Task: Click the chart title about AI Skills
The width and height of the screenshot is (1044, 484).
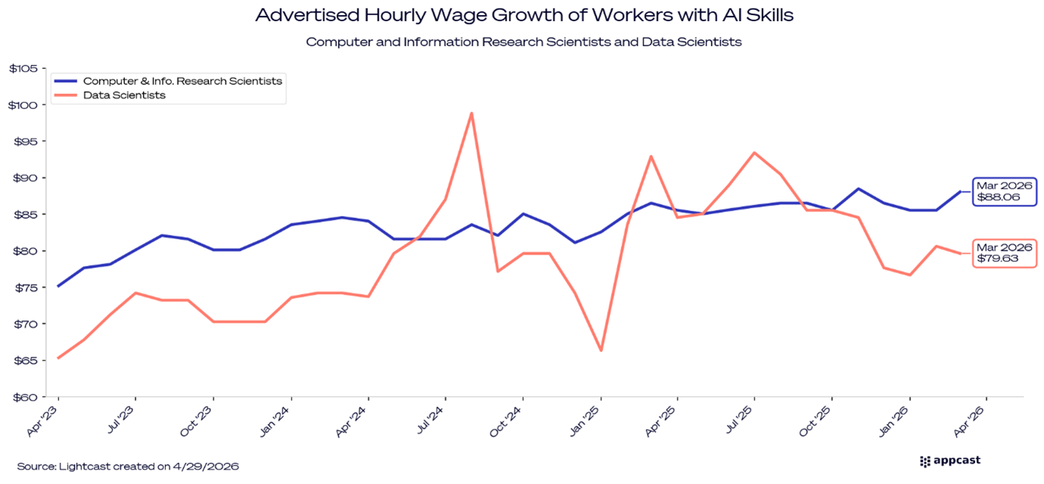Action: pos(525,15)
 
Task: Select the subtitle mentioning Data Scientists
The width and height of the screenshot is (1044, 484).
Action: pos(524,42)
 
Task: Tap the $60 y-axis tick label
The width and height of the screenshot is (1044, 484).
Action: pos(25,397)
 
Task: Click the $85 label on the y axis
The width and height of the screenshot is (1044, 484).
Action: pos(26,214)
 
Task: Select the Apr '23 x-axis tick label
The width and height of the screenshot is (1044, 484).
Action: pos(44,421)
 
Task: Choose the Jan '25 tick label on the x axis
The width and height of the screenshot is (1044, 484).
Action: pos(587,421)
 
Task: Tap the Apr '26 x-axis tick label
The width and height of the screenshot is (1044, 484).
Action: pos(971,421)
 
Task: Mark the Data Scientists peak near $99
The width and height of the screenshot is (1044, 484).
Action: pos(472,114)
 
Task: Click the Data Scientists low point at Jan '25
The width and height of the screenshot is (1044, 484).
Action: pos(601,350)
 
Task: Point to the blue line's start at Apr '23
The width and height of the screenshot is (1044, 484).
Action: pos(58,286)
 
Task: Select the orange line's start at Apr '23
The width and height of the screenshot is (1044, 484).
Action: pos(58,358)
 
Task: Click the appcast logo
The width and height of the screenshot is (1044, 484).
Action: pos(950,461)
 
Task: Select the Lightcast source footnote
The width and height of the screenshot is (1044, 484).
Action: pos(128,467)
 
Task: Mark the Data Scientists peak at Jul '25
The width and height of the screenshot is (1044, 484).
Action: pos(754,152)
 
